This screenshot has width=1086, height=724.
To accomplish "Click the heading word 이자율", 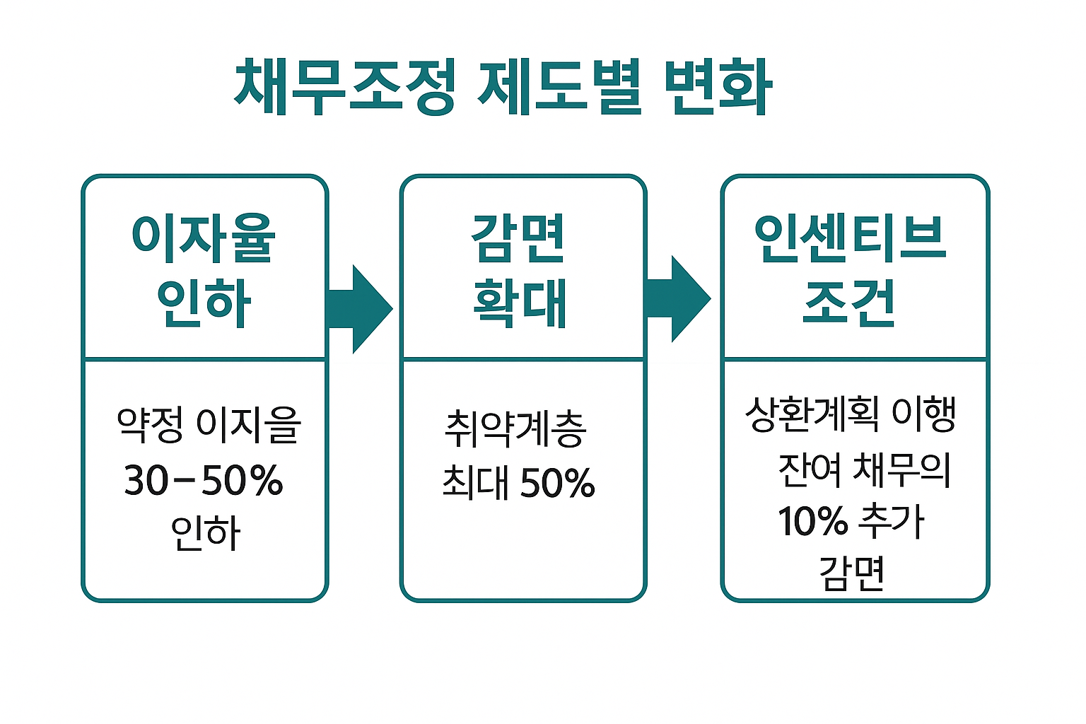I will click(x=204, y=238).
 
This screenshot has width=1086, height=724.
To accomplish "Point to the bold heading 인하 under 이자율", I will click(x=204, y=303).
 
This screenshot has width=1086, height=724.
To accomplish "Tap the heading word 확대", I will click(x=520, y=303).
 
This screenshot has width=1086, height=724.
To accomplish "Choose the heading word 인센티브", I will click(x=850, y=238).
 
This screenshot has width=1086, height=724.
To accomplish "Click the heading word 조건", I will click(x=850, y=303).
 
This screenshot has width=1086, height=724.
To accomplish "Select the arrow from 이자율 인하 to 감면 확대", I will click(x=359, y=309).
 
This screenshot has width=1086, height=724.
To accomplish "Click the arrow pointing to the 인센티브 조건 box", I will click(x=677, y=299).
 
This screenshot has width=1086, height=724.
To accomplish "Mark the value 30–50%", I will click(x=204, y=481).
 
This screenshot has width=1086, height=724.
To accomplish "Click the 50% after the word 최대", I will click(x=557, y=484).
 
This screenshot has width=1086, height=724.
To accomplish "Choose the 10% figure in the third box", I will click(x=812, y=522).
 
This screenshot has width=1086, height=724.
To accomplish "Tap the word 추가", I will click(x=891, y=522).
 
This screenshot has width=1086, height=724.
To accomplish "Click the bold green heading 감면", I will click(x=519, y=238).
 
